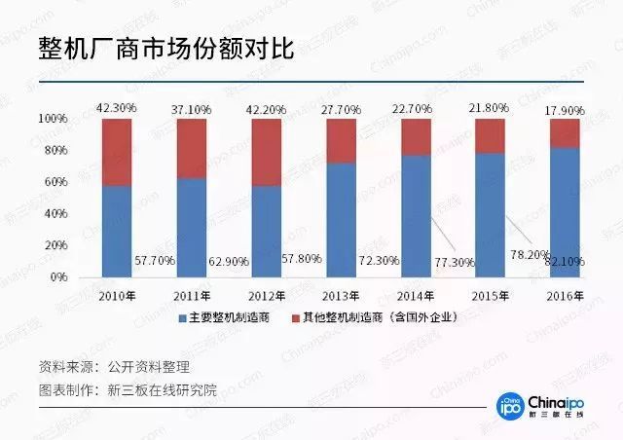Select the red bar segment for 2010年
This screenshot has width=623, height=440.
[117, 151]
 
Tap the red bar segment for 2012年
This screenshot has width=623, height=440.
[267, 152]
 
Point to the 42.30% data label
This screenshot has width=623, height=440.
[117, 106]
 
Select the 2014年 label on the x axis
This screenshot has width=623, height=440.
[416, 294]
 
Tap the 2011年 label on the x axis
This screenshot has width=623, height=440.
[192, 294]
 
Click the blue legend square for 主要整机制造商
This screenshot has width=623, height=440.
[181, 319]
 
